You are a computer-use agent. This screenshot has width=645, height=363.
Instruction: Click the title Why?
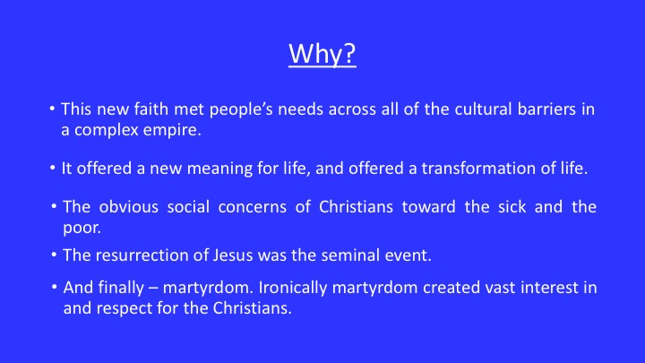point(322,54)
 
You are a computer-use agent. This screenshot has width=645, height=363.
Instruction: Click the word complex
point(106,131)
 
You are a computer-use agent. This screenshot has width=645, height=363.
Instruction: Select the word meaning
point(219,169)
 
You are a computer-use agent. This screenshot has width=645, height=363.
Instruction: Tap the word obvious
point(128,207)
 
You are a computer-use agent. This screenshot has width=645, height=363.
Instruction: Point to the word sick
point(512,207)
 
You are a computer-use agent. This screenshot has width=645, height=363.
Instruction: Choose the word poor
point(82,228)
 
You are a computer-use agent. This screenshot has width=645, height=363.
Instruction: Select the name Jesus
point(233,255)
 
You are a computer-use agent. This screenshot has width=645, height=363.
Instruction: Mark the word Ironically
point(292,288)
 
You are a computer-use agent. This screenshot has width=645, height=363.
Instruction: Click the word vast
point(500,288)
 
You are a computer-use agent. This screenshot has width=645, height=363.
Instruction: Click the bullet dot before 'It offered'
point(52,168)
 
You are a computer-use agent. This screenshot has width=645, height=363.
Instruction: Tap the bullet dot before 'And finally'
point(55,287)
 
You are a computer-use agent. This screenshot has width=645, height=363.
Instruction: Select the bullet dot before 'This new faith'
point(52,108)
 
